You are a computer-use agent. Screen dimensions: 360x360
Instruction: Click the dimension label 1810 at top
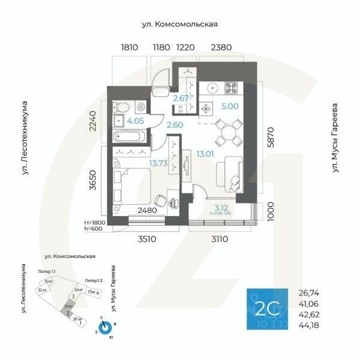(129, 47)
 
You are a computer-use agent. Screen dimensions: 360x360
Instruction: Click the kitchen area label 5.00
(230, 106)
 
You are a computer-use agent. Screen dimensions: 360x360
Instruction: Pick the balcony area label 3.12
(220, 208)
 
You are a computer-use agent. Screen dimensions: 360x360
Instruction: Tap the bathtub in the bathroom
(128, 136)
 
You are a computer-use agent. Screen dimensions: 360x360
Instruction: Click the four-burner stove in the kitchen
(231, 88)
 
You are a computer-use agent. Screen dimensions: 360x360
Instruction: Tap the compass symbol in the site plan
(106, 327)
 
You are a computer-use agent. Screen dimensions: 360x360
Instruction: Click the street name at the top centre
(179, 24)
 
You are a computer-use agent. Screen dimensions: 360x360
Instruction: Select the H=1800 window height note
(97, 221)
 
